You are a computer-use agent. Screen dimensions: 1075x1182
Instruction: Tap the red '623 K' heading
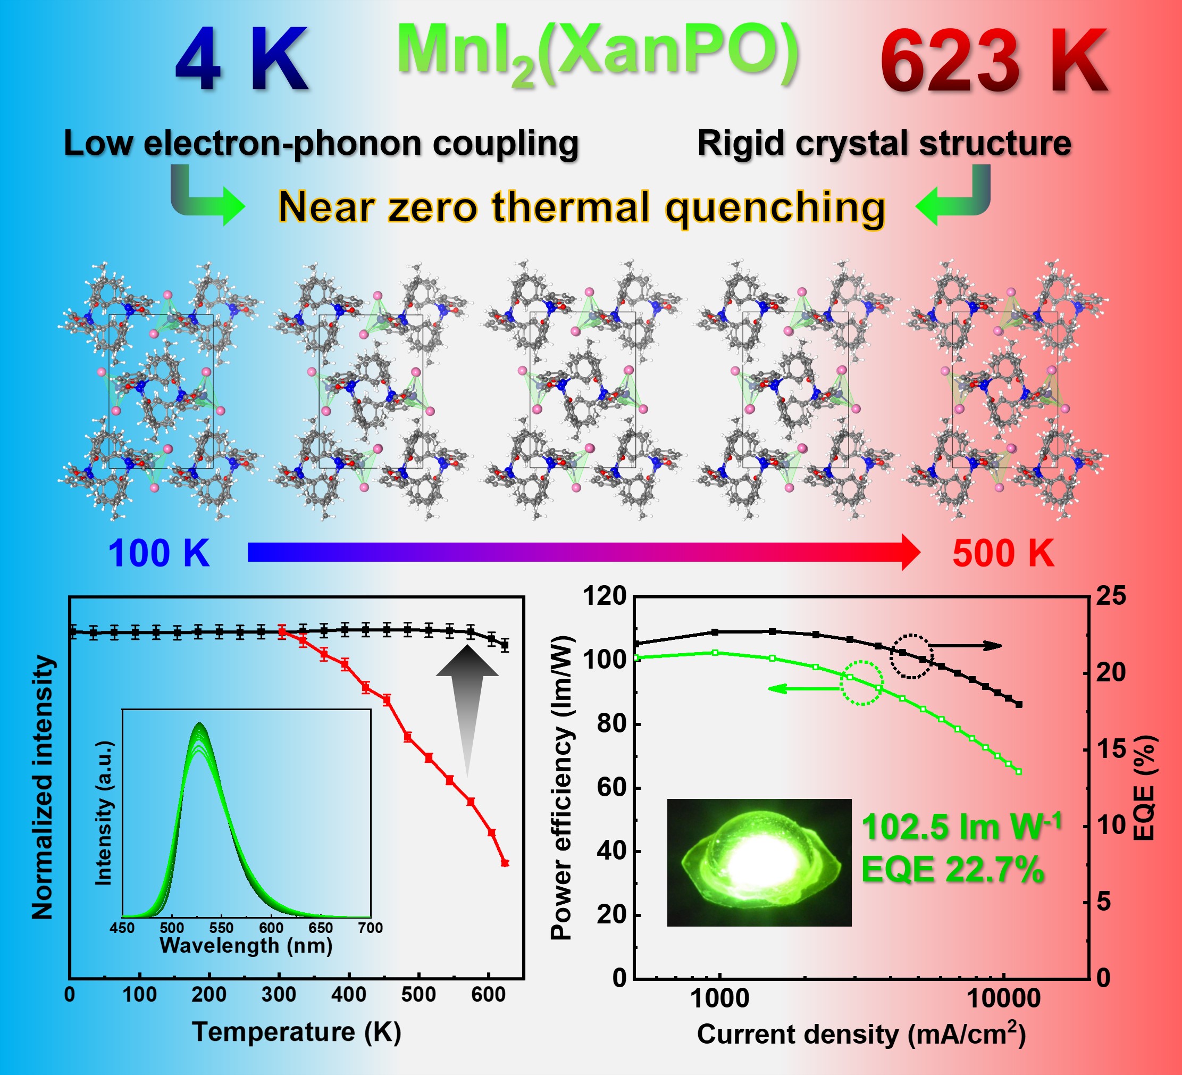[993, 62]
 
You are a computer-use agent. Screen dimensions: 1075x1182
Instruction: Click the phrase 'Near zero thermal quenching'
[581, 207]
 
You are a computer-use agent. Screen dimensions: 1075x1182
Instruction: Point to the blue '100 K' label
[159, 553]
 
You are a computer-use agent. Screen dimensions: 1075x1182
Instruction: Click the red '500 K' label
[1003, 553]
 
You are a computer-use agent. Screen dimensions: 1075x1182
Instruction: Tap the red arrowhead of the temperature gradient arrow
[910, 553]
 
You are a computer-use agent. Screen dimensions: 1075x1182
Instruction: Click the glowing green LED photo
[759, 862]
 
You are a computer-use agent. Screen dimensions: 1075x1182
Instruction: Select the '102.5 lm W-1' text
[961, 827]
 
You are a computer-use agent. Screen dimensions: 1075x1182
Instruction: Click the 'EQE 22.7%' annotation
[953, 869]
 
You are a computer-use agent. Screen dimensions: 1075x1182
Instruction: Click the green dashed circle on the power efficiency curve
[862, 682]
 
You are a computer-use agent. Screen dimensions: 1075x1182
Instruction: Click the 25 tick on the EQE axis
[1111, 596]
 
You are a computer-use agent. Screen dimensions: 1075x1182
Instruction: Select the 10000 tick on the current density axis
[1003, 998]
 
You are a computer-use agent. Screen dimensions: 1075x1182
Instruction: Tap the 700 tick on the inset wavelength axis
[371, 928]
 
